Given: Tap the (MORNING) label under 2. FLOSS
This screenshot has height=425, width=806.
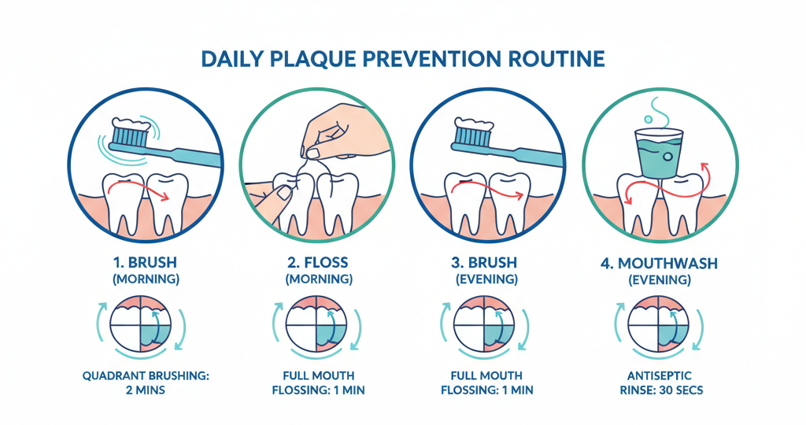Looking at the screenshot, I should coord(317,279).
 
